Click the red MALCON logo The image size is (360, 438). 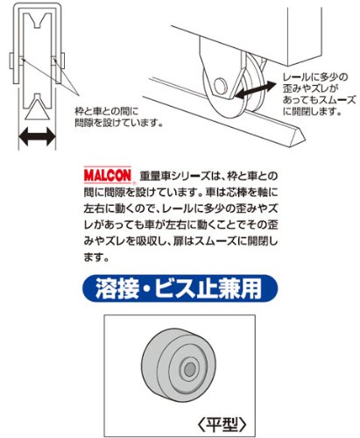[x=108, y=175]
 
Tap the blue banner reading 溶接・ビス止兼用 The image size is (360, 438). [x=180, y=288]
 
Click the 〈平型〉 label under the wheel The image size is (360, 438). [x=222, y=424]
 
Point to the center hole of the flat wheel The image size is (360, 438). [x=190, y=370]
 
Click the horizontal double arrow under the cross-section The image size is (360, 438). [x=37, y=137]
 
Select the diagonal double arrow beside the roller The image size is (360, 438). [x=255, y=89]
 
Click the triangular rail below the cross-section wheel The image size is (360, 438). [x=37, y=109]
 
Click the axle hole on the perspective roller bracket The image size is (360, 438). [x=221, y=86]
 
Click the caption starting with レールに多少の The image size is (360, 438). [x=319, y=94]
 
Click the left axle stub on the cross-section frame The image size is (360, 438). [x=12, y=60]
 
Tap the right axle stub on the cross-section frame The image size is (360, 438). [x=62, y=60]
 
